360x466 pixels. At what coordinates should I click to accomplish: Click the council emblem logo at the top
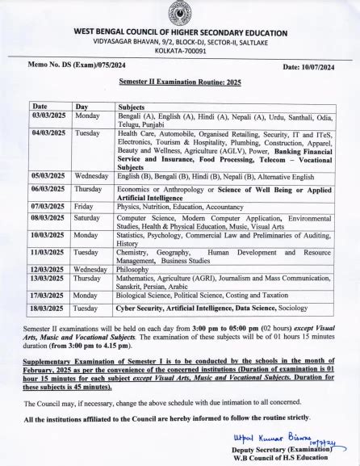(x=180, y=14)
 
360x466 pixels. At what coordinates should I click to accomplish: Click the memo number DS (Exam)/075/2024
(x=77, y=63)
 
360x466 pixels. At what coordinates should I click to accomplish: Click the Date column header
(x=40, y=106)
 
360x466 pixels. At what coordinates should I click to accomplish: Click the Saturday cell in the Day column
(x=87, y=217)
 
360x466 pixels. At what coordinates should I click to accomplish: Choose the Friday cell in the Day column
(x=82, y=206)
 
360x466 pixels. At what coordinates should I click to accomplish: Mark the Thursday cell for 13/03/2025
(x=88, y=278)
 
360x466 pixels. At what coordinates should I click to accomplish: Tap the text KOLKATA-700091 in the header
(x=180, y=49)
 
